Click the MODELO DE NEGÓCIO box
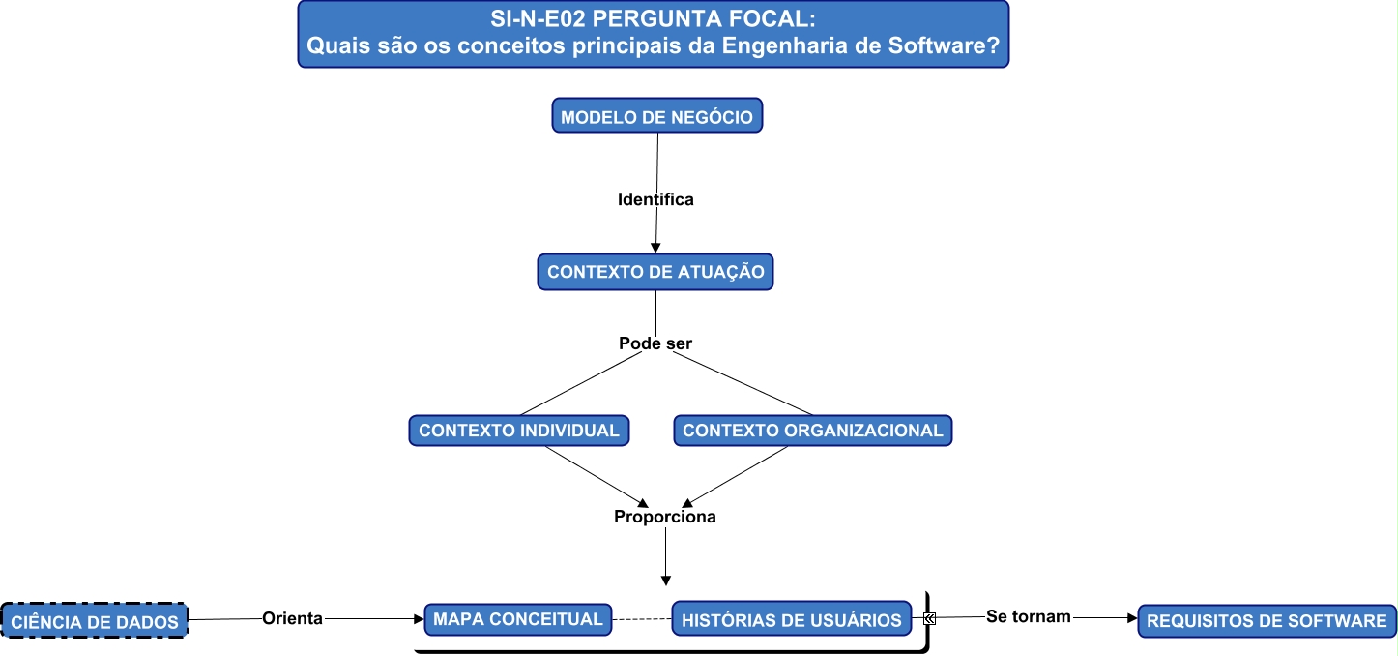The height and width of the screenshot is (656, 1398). click(x=656, y=116)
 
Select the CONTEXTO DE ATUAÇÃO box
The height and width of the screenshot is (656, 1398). click(x=655, y=272)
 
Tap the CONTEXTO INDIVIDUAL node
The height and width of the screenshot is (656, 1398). click(x=519, y=431)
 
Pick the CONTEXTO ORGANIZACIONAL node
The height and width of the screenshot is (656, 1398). click(x=812, y=431)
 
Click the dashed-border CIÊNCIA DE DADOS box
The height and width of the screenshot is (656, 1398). click(x=95, y=621)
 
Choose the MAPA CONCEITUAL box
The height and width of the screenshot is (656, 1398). click(x=517, y=619)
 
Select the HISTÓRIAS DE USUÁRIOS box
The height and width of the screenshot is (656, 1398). click(x=791, y=619)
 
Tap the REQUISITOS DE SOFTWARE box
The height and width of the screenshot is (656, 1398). click(x=1267, y=620)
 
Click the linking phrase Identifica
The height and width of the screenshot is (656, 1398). click(x=655, y=200)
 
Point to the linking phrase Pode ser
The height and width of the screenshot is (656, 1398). click(x=655, y=343)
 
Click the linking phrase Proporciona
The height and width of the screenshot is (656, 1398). click(x=665, y=517)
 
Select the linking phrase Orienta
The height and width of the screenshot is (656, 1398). click(x=292, y=618)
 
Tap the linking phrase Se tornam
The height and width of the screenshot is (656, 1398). click(x=1028, y=616)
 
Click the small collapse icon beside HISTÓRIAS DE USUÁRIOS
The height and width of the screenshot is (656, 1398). click(x=928, y=618)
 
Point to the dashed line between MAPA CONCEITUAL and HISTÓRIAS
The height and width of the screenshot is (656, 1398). click(x=641, y=619)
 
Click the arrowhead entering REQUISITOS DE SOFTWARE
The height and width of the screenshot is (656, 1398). click(x=1131, y=617)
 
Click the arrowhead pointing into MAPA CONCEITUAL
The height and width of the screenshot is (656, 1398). click(x=419, y=618)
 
